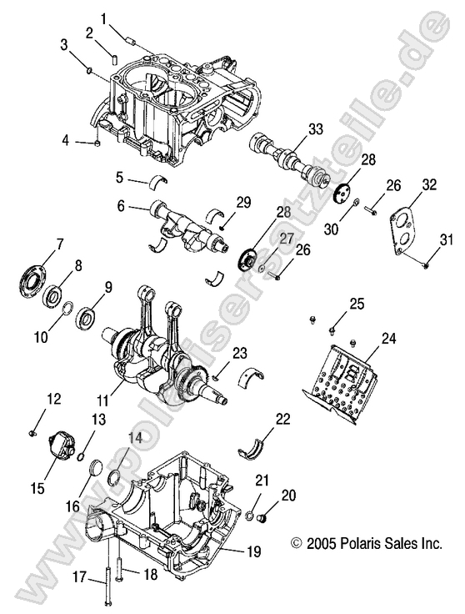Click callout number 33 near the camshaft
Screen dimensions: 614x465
coord(314,128)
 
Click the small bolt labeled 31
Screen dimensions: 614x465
coord(425,264)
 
